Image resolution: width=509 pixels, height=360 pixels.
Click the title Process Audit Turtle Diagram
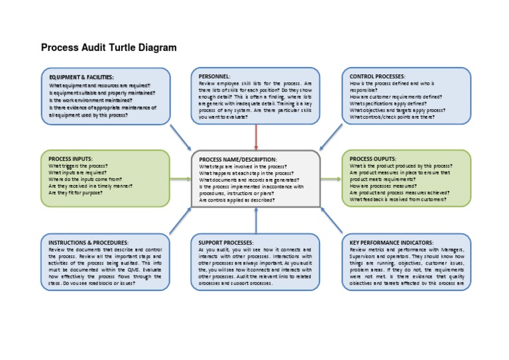click(x=109, y=48)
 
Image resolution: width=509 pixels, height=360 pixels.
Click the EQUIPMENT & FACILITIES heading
click(x=82, y=78)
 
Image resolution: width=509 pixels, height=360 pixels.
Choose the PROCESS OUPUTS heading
click(x=373, y=159)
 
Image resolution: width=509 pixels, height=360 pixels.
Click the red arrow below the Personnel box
click(x=256, y=136)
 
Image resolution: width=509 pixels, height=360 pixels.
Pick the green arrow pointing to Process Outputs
click(x=331, y=179)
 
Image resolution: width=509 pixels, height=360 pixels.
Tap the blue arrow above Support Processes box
click(x=256, y=219)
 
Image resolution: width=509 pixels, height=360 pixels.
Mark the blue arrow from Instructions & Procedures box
click(x=180, y=221)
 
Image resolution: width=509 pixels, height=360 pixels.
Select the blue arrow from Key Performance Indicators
click(x=331, y=221)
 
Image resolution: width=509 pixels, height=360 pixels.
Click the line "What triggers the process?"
click(x=78, y=166)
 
